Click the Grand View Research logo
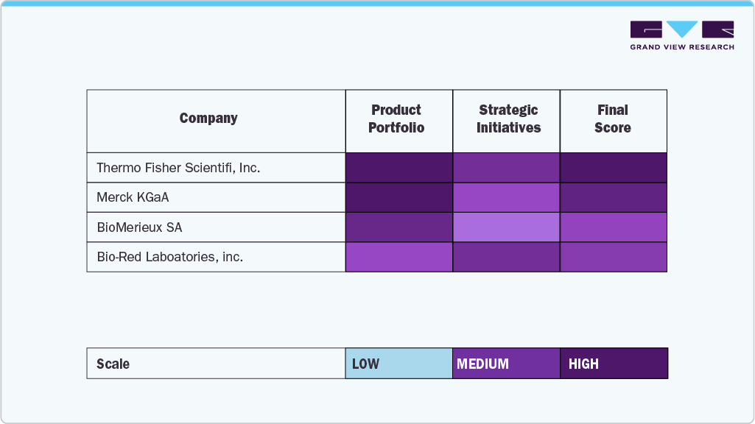682,35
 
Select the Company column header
208,119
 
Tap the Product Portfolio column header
396,119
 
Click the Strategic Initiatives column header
508,119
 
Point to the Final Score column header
613,119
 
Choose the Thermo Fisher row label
178,168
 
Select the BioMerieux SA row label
139,227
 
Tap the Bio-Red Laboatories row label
169,257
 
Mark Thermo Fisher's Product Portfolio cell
399,168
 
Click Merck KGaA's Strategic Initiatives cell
507,197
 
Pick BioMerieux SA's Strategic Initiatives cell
507,227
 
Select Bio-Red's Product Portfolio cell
399,257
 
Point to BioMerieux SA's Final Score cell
614,227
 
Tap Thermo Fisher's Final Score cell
614,168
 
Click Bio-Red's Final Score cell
614,257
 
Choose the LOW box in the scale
399,364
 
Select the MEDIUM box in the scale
507,364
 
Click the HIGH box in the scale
614,364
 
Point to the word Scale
113,364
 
